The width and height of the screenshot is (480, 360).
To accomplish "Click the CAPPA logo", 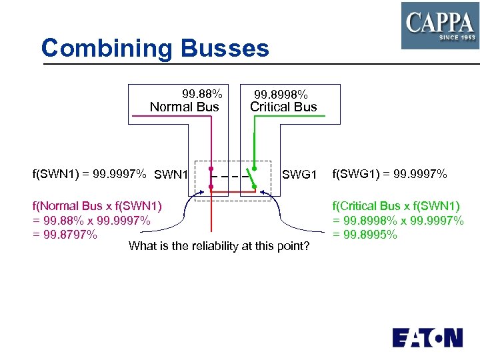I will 439,25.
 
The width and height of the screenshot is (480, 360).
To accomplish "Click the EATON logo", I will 427,337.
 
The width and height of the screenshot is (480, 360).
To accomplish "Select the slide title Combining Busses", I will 155,48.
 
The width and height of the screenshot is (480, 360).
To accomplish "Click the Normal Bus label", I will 184,107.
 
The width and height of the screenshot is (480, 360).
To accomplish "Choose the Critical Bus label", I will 283,107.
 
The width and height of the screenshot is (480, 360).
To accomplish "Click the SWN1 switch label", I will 171,175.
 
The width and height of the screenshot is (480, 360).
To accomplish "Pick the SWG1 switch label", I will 299,175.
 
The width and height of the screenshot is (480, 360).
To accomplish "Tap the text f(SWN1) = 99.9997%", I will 89,175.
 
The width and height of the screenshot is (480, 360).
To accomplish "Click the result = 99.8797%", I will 65,234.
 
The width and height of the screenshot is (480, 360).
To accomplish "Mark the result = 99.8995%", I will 365,234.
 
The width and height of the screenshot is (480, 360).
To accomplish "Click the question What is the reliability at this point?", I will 219,247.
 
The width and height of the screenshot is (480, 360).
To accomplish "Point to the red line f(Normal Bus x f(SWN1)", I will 97,205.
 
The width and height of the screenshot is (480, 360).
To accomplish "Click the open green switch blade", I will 250,177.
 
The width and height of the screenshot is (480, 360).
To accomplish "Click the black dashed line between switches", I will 230,177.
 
